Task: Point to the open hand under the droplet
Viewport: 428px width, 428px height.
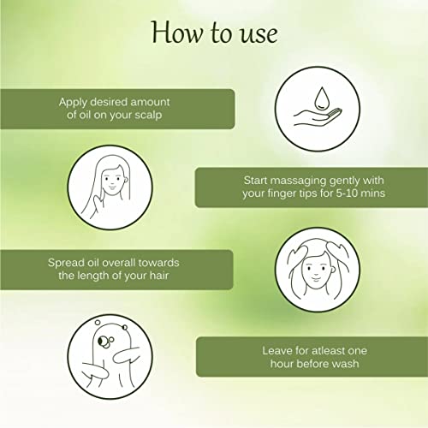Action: (x=317, y=117)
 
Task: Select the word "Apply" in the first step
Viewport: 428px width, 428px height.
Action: (x=73, y=103)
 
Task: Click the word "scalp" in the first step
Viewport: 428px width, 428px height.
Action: (x=148, y=115)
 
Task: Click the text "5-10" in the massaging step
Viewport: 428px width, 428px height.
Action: (x=347, y=193)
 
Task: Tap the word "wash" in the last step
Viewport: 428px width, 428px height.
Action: (x=346, y=364)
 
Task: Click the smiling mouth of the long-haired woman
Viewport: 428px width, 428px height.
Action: (x=112, y=188)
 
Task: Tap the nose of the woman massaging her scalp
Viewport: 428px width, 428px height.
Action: (x=316, y=271)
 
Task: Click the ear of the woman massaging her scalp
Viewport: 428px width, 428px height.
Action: (x=333, y=269)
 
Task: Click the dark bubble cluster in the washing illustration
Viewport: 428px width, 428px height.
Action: (x=106, y=342)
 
